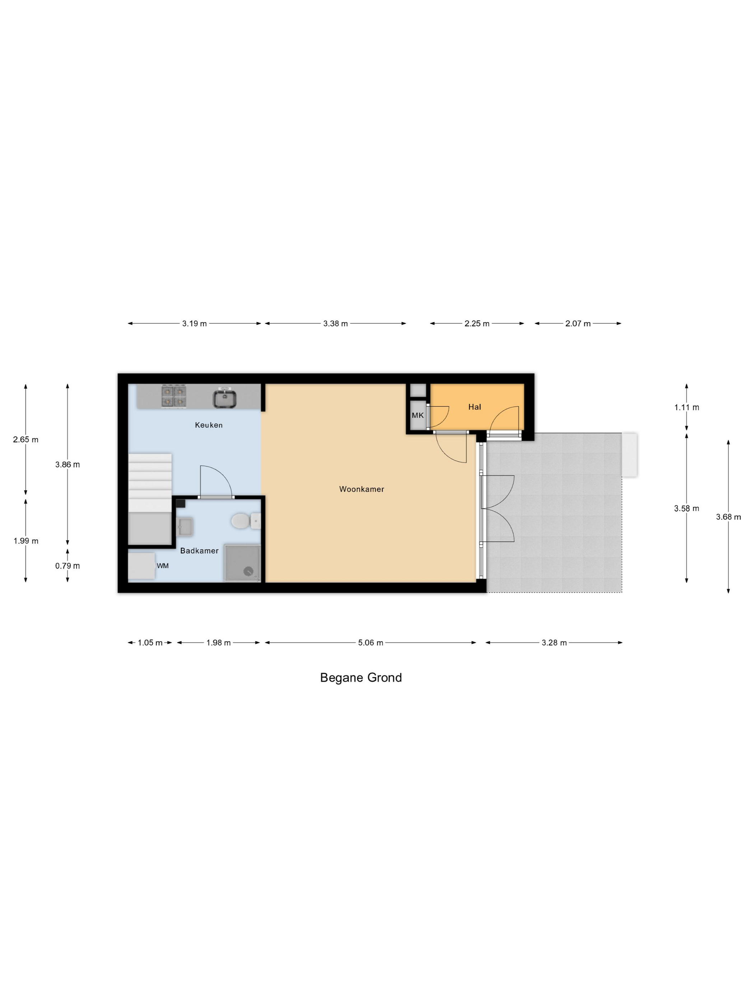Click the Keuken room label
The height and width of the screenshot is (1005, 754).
click(209, 425)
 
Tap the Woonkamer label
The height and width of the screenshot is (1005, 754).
click(362, 489)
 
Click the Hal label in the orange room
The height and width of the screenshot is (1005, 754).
click(475, 407)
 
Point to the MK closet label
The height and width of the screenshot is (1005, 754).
click(418, 415)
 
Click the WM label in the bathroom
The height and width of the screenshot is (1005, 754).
click(163, 566)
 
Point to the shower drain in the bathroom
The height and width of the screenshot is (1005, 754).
click(248, 571)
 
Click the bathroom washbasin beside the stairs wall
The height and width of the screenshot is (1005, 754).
click(185, 527)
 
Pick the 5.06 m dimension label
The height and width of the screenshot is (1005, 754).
click(371, 642)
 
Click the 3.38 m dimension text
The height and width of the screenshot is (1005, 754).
click(335, 323)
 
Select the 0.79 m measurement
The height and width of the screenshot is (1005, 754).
click(67, 566)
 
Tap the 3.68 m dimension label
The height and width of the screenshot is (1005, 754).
click(728, 516)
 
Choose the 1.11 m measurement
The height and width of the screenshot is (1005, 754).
click(686, 407)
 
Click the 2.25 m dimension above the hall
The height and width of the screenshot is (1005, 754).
click(477, 323)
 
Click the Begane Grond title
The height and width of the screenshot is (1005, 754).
click(361, 677)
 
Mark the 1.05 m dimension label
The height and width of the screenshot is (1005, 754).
click(150, 642)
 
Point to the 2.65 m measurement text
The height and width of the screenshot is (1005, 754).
click(25, 439)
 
